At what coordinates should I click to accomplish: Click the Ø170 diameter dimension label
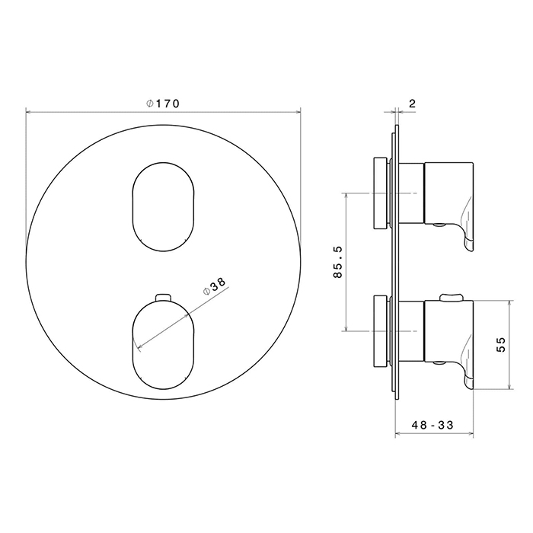click(162, 104)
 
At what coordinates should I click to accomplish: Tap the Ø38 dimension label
click(214, 286)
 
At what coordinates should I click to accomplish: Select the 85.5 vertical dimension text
click(338, 262)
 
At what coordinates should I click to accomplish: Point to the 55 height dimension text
click(501, 344)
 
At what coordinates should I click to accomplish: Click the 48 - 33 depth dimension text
click(432, 425)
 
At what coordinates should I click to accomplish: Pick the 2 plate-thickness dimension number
click(412, 104)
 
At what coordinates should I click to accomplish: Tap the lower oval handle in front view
click(163, 344)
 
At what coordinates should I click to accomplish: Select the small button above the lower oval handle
click(163, 297)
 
